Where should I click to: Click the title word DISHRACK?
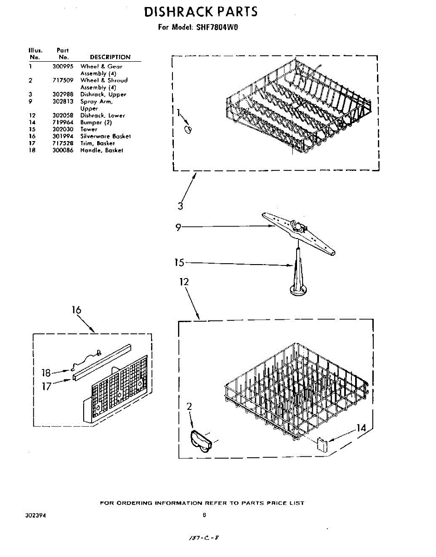(177, 12)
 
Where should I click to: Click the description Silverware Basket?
(106, 136)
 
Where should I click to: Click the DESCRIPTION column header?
(110, 57)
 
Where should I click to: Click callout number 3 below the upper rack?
(180, 206)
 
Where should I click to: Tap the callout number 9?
(178, 227)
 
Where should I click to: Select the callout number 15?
(179, 263)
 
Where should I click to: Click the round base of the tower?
(297, 291)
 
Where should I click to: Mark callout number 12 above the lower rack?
(184, 281)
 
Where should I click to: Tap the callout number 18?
(46, 372)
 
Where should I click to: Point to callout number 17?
(46, 386)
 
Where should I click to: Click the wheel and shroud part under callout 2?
(201, 440)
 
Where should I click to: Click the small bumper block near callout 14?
(322, 443)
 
